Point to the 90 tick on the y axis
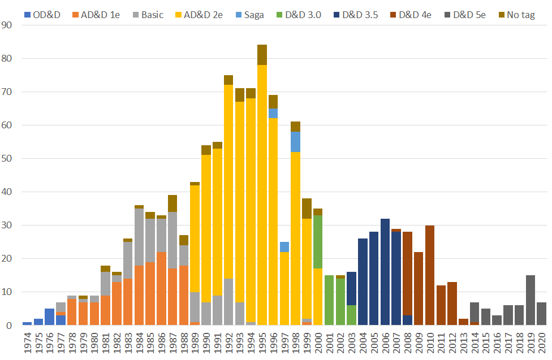click(x=8, y=25)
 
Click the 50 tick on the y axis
click(x=8, y=158)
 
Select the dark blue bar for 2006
click(x=385, y=272)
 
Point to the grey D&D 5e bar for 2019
click(x=531, y=300)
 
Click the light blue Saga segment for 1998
click(x=296, y=142)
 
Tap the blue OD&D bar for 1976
click(x=50, y=317)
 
